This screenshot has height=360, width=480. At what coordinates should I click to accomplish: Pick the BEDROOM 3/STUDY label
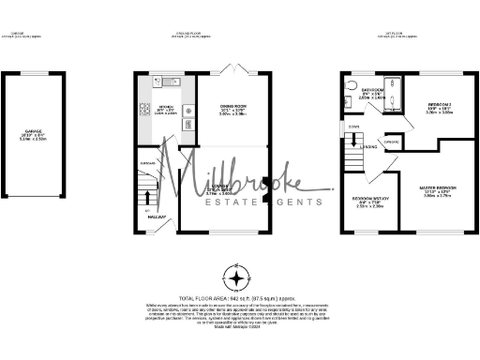[x=369, y=200]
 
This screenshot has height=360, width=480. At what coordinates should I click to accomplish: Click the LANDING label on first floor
[x=369, y=147]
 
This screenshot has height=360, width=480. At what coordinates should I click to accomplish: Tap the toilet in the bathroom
[x=349, y=86]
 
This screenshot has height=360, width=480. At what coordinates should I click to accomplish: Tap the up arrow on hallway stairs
[x=146, y=193]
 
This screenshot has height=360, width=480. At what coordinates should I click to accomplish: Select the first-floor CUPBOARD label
[x=392, y=142]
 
